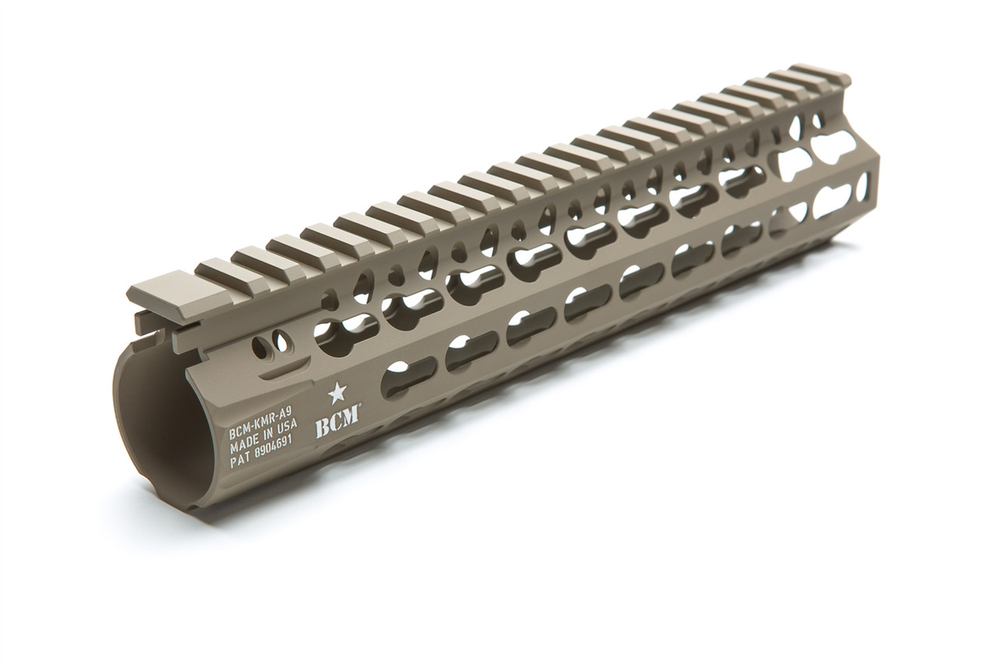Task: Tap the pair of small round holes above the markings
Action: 274,343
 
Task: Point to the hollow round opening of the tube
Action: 160,436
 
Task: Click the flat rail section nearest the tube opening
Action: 160,294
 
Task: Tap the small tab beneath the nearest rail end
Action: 148,321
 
